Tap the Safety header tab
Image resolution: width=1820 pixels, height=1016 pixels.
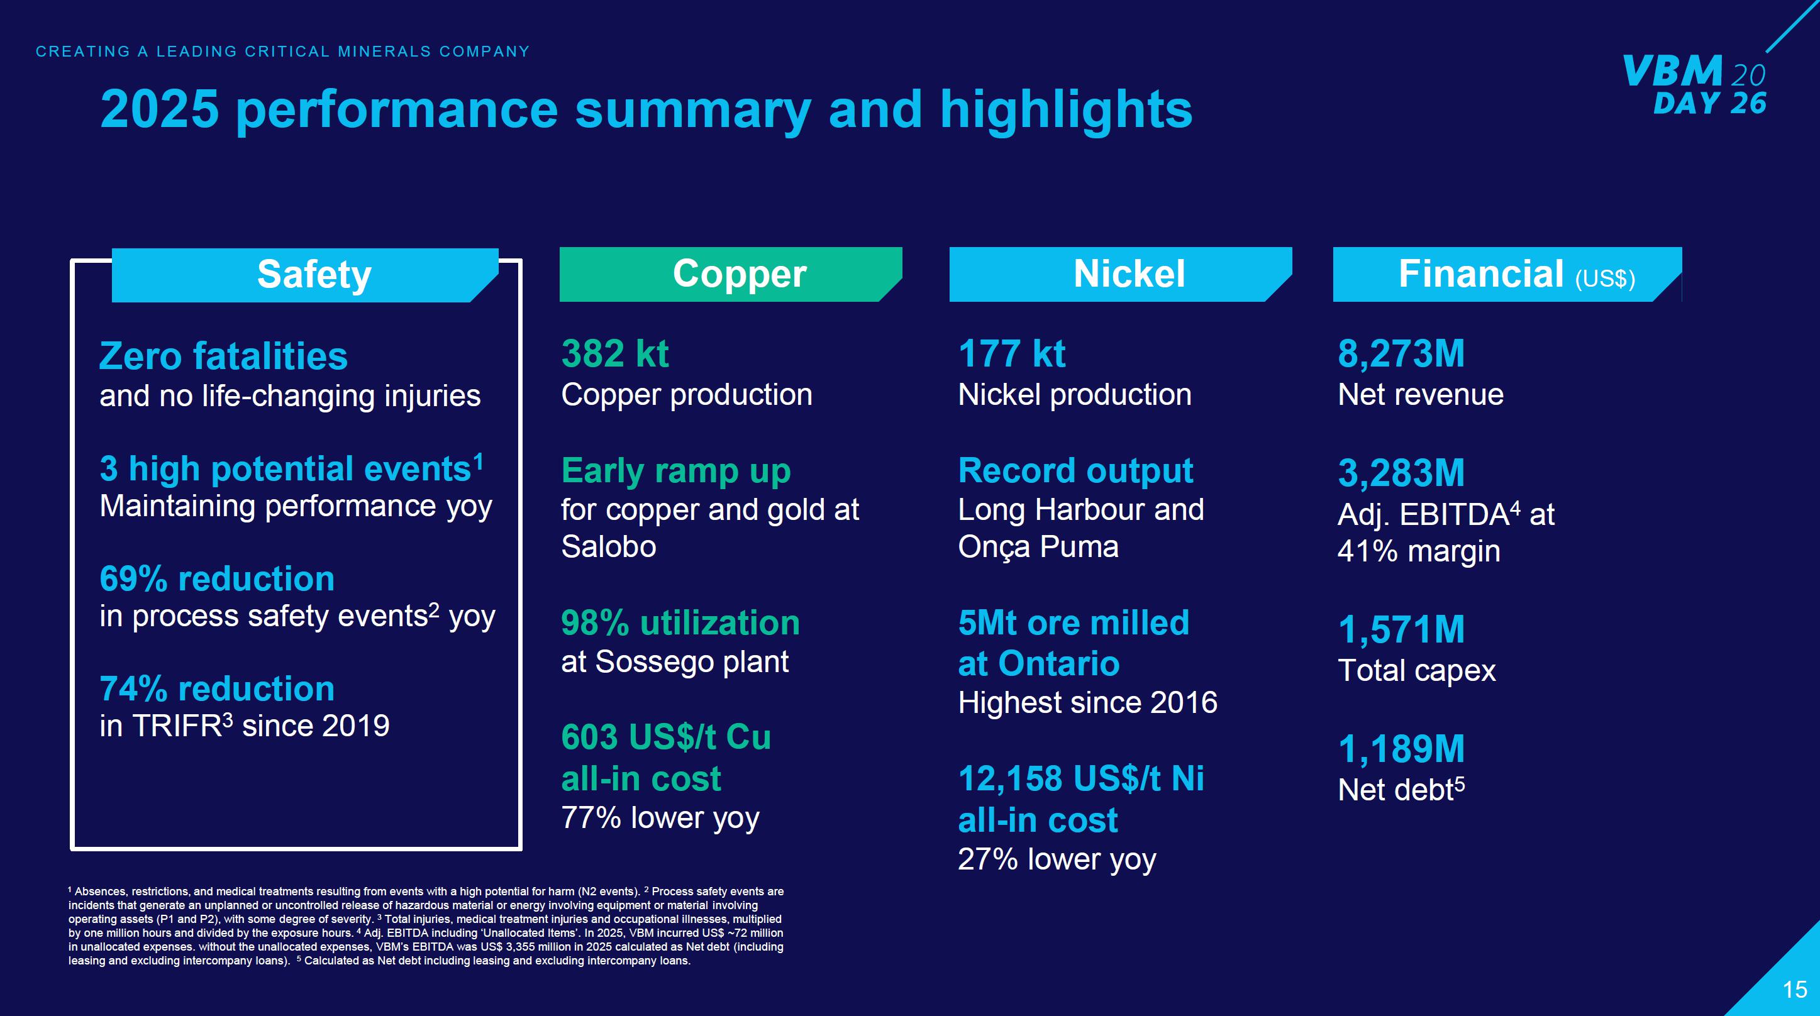click(314, 275)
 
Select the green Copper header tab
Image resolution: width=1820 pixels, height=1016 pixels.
click(738, 274)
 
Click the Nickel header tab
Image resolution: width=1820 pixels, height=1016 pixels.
click(1128, 274)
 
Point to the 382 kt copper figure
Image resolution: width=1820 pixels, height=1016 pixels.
click(614, 354)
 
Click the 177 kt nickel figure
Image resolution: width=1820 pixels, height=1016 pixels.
click(1011, 354)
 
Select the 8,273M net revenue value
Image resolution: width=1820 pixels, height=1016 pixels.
click(1401, 354)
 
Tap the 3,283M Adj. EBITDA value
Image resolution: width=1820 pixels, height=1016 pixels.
click(1401, 473)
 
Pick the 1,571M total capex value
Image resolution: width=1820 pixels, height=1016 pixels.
click(1401, 629)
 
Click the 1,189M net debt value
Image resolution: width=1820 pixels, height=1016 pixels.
click(1401, 749)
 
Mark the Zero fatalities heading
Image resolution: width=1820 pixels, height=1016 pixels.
click(223, 356)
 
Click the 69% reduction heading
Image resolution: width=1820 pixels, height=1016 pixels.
click(217, 578)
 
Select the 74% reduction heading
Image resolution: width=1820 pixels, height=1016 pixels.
click(217, 689)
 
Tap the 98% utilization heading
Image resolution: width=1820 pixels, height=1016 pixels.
click(680, 623)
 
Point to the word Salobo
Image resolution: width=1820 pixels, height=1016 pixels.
click(608, 547)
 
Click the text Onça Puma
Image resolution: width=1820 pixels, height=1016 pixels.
click(1038, 547)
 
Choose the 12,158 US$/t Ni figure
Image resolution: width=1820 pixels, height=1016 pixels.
click(1080, 778)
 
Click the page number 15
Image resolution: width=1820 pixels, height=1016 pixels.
click(1795, 989)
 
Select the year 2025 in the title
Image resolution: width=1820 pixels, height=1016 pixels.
click(160, 109)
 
